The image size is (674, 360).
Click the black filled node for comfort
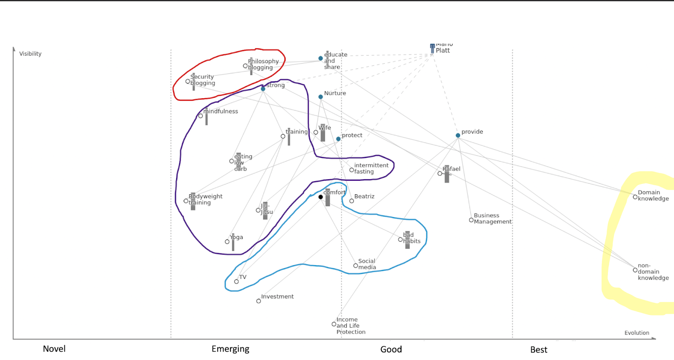[321, 197]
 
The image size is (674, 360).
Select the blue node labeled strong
[263, 89]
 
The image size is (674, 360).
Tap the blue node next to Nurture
[321, 97]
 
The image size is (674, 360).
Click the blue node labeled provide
[458, 135]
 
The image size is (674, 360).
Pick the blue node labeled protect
[338, 139]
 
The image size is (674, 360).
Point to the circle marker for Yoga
[227, 242]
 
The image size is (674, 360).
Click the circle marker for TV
[236, 282]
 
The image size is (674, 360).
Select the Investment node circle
[259, 301]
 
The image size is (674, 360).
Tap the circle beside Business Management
[471, 220]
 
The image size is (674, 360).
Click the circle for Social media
[356, 266]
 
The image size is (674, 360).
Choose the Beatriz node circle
[352, 201]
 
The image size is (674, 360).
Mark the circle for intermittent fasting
[352, 170]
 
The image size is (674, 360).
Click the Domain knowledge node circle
[635, 197]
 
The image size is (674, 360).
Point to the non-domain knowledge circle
[635, 270]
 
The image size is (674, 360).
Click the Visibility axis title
[30, 54]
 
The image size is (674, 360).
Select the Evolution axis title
[637, 333]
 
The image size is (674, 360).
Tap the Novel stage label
[54, 349]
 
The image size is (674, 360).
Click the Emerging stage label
[230, 349]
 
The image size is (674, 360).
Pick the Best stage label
[539, 350]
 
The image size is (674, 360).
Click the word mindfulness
[221, 111]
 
